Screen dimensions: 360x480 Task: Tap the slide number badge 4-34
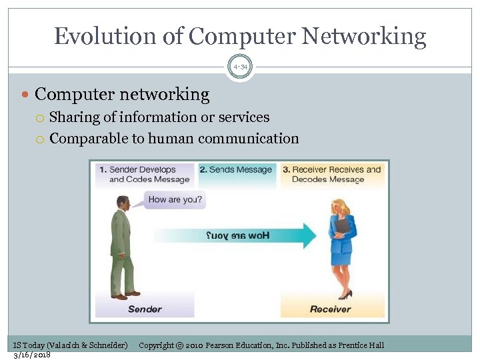point(240,67)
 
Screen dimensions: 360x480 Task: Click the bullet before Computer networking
point(26,95)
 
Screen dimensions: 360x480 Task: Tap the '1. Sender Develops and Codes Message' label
point(145,174)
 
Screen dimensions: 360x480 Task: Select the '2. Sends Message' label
point(236,169)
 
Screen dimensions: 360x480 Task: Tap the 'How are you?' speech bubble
point(175,199)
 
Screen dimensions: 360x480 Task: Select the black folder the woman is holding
point(342,226)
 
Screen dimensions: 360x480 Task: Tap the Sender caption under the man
point(145,309)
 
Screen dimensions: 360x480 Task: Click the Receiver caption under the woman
point(331,309)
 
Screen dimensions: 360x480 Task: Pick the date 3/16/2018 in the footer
point(32,354)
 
